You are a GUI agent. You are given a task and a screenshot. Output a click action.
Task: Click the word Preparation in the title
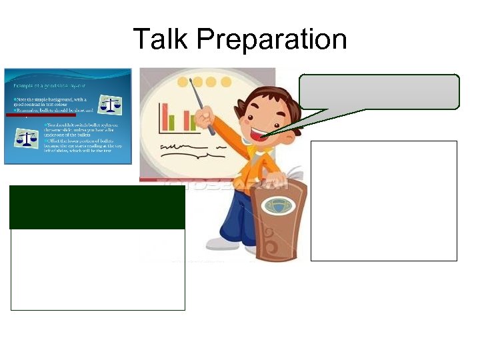click(x=272, y=40)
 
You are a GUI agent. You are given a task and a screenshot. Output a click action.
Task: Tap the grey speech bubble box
click(x=379, y=91)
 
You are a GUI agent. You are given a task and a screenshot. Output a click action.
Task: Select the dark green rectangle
click(x=97, y=207)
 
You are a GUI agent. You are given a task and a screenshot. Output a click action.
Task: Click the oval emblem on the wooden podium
click(x=277, y=206)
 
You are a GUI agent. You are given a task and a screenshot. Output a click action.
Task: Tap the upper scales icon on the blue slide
click(x=110, y=105)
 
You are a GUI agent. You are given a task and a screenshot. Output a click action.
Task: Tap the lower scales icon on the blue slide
click(x=27, y=138)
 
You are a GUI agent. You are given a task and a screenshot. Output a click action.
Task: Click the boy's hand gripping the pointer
click(x=203, y=121)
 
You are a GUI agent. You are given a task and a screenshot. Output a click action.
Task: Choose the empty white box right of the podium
click(x=383, y=200)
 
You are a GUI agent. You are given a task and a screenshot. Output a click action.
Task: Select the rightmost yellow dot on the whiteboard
click(x=227, y=82)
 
